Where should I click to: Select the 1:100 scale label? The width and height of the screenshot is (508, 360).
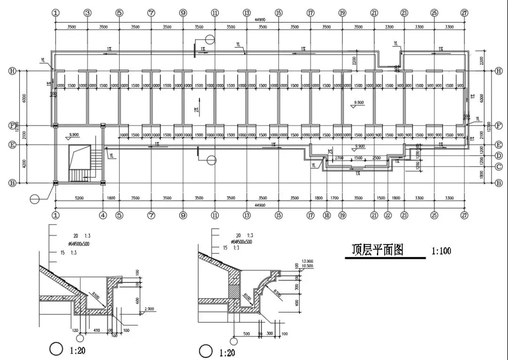point(441,251)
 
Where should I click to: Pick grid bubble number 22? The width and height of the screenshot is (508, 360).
point(388,216)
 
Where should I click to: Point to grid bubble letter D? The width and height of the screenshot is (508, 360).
point(499,156)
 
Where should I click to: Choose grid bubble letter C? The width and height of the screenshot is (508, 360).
point(499,166)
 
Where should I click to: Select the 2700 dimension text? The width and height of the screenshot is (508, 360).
point(338,158)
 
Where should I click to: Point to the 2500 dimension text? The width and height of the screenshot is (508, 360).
point(376,158)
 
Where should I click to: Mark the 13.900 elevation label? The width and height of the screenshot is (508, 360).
point(306,260)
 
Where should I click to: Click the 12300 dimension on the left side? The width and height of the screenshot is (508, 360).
point(17,126)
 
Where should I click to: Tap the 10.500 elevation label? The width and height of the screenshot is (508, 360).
point(306,265)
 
